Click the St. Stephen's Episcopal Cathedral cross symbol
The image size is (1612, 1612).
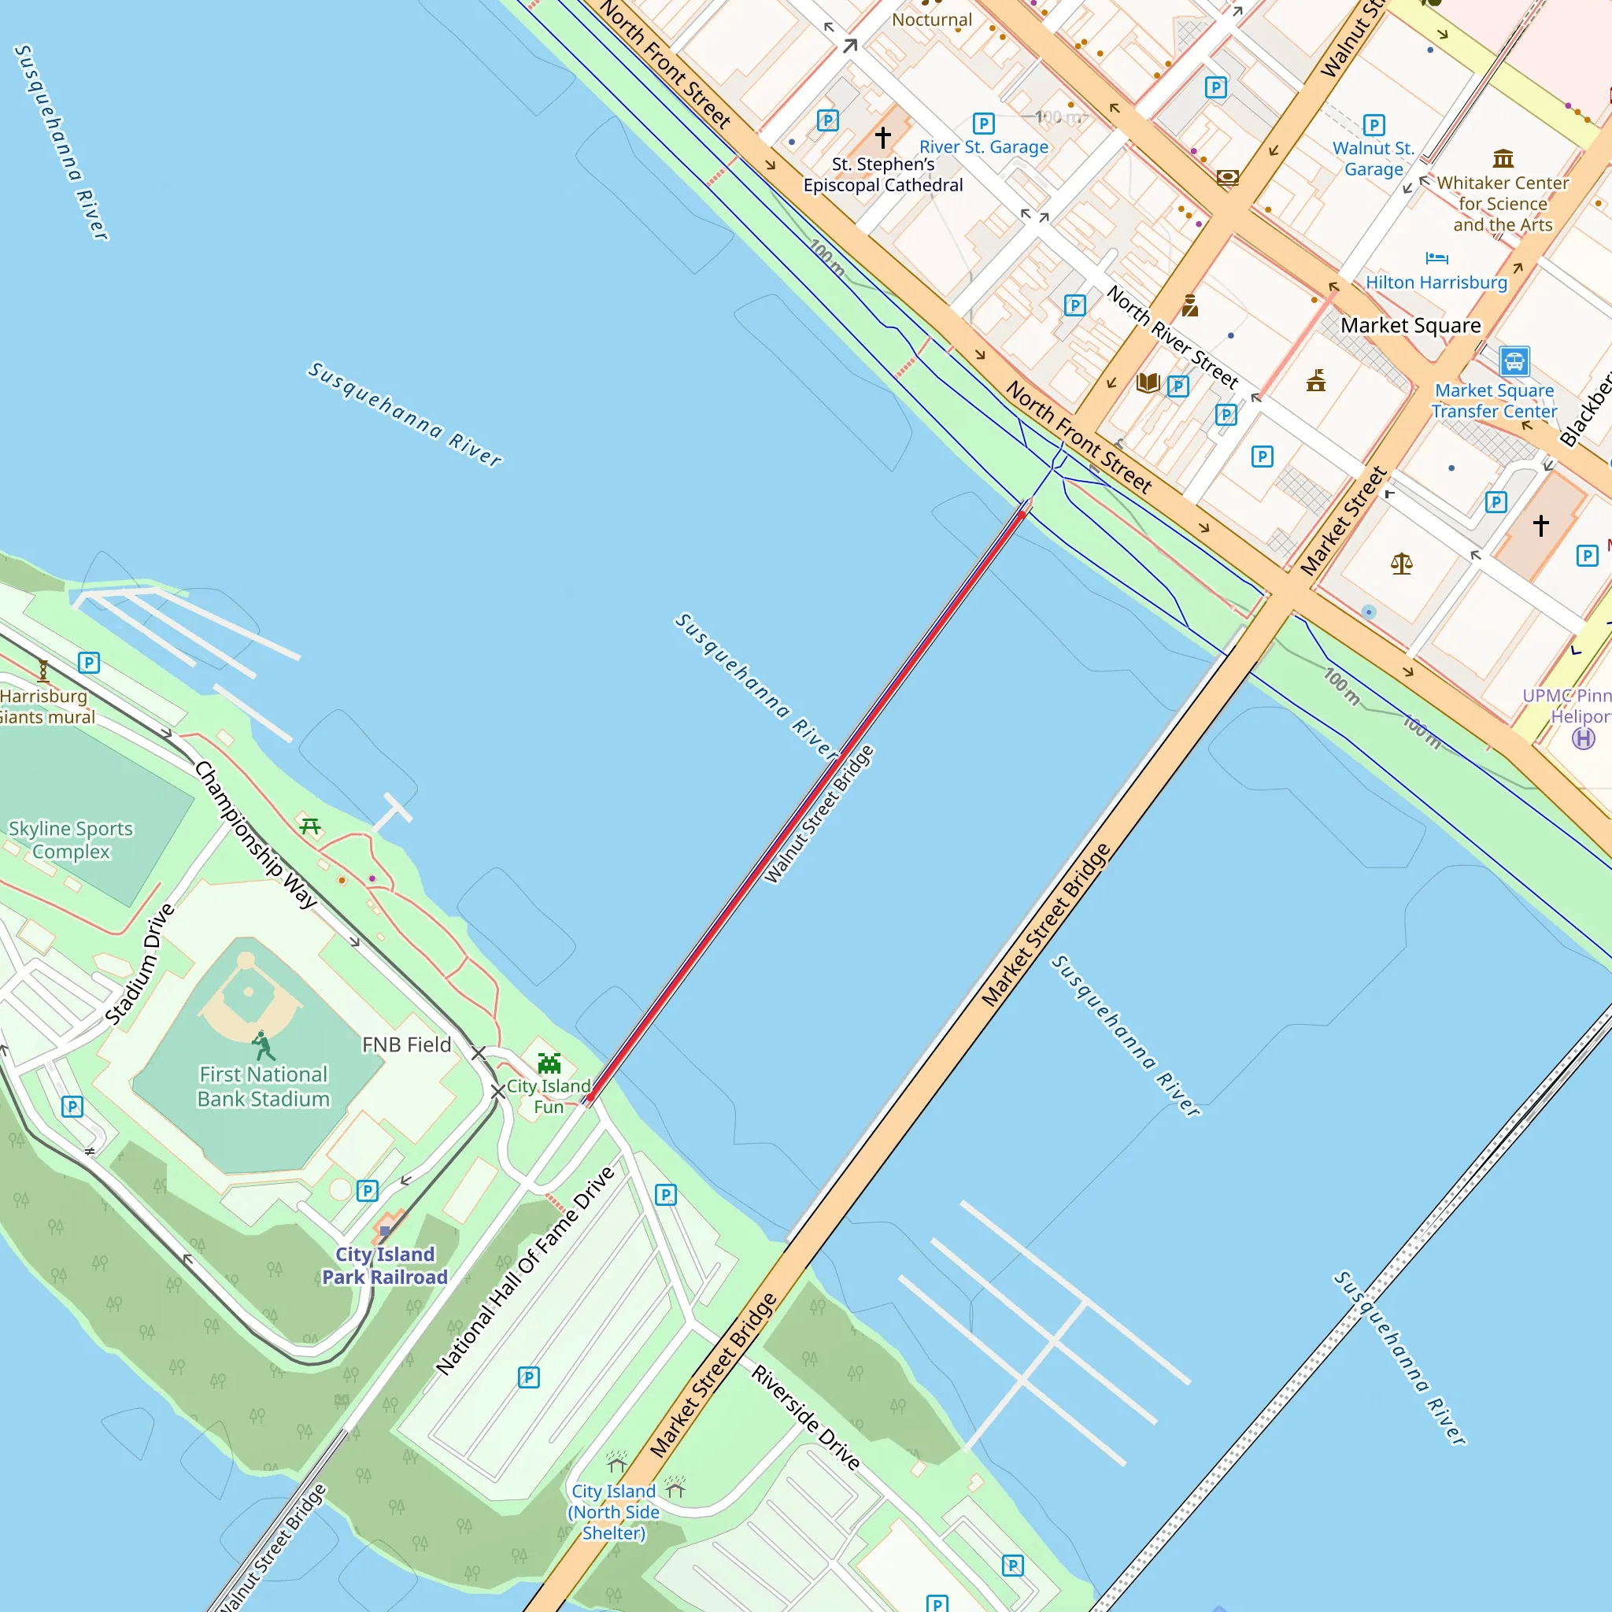point(883,137)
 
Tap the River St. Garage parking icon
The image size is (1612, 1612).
point(984,124)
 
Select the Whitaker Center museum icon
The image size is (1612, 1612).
point(1503,157)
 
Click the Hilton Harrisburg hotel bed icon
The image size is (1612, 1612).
point(1436,258)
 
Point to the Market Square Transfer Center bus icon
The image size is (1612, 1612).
point(1514,361)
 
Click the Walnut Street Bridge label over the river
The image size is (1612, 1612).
point(819,815)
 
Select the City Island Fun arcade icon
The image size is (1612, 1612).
point(549,1063)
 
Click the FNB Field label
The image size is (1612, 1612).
point(406,1044)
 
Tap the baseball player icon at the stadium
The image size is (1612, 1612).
point(263,1044)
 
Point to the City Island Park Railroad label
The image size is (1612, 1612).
point(385,1266)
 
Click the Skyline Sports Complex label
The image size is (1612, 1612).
point(71,839)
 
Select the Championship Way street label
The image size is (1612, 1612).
point(256,834)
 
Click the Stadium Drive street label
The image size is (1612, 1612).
point(139,963)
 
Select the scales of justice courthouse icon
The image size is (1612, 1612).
point(1401,565)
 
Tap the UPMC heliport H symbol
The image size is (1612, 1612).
point(1583,738)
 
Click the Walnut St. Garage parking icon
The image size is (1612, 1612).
point(1374,125)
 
